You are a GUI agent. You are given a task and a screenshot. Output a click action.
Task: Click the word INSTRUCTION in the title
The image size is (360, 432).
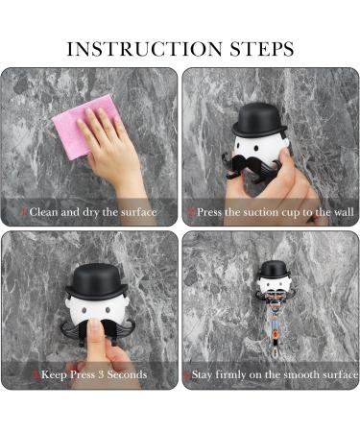coord(144,49)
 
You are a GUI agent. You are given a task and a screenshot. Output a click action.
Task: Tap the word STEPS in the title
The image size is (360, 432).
coord(262,49)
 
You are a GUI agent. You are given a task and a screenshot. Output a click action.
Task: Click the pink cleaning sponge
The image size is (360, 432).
coord(84,128)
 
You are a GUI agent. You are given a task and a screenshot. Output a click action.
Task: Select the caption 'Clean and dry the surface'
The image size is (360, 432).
coord(93,212)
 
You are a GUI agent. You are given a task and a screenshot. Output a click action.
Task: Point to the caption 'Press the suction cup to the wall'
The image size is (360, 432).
coord(276,212)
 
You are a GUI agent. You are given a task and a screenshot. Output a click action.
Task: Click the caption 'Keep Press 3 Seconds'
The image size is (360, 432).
coord(94,374)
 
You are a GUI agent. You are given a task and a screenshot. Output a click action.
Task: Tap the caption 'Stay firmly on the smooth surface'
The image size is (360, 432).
coord(275,374)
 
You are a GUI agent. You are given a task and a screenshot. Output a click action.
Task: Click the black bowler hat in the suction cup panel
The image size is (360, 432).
coord(259,121)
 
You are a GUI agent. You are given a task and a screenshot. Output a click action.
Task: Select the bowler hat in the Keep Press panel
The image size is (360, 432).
coord(96,281)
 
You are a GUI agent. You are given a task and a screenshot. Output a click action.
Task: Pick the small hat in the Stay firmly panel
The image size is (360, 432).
coord(274,270)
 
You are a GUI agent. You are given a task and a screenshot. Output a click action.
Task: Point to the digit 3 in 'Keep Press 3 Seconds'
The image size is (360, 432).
coord(101,374)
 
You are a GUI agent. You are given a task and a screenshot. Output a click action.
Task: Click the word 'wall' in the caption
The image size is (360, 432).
coord(344,212)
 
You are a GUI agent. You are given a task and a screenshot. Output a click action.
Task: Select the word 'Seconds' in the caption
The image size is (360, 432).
coord(127,374)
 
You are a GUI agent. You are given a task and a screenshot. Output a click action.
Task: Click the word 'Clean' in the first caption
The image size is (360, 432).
coord(43,212)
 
